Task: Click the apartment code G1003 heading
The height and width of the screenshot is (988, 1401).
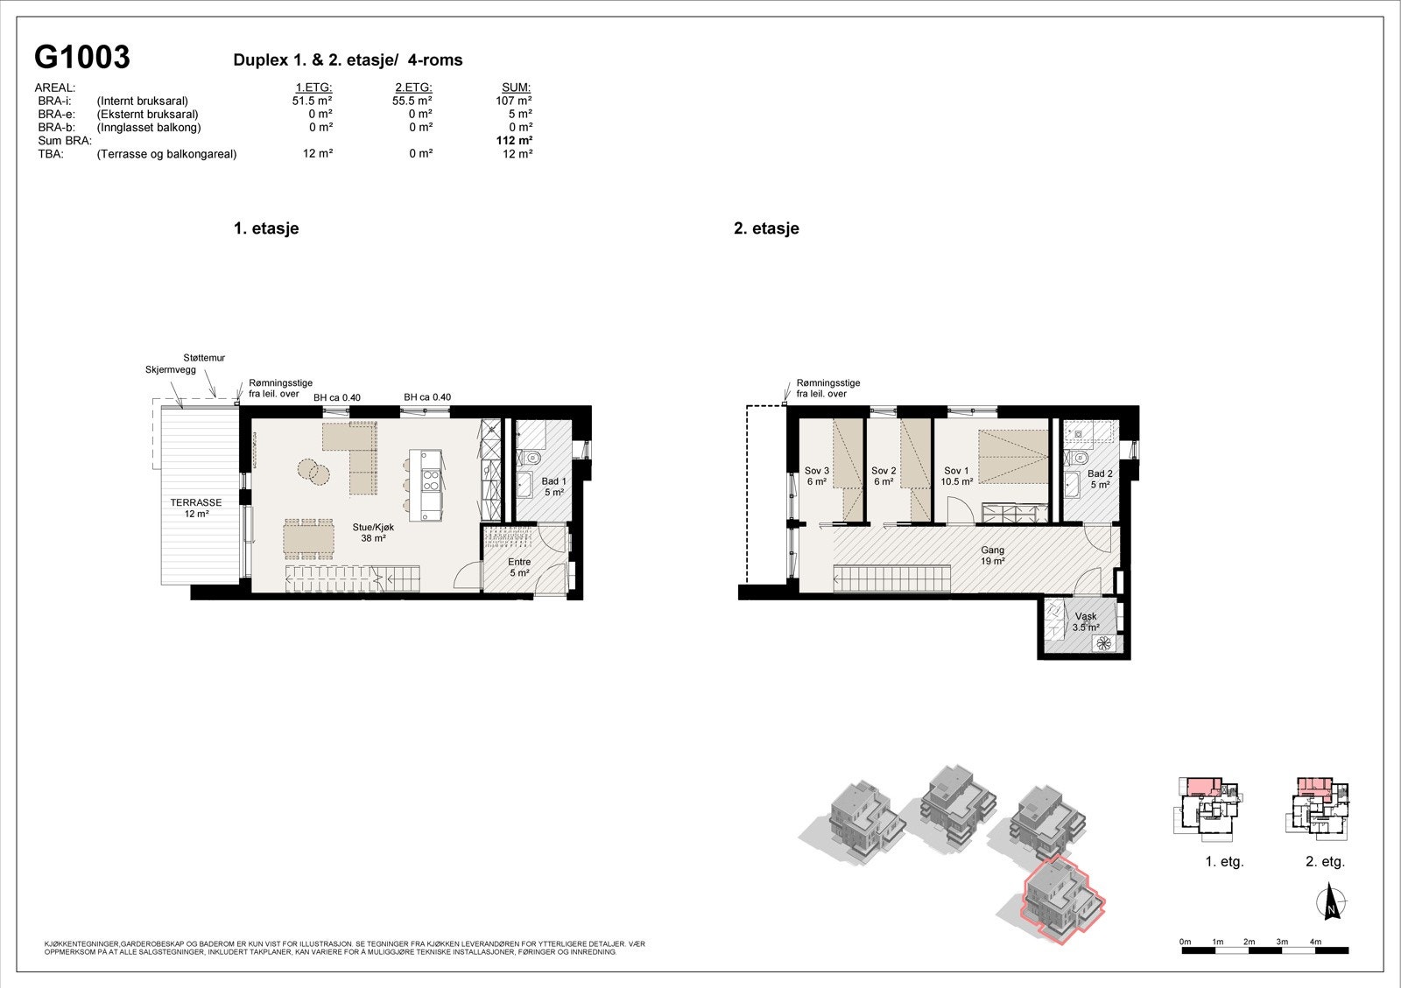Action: (81, 57)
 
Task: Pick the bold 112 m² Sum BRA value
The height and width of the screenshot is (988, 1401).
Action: (514, 140)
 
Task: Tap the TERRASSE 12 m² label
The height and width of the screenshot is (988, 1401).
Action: (196, 508)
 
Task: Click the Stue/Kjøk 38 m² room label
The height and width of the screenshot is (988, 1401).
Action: (373, 533)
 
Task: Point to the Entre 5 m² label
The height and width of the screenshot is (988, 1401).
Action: (519, 568)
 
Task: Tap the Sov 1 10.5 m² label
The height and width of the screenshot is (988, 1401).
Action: (957, 476)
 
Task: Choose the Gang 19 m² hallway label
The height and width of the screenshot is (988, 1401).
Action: (992, 556)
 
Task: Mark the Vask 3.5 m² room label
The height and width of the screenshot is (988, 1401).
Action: (1086, 621)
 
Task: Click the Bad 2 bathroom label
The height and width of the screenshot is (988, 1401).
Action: (1100, 479)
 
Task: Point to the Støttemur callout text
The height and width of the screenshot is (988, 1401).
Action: (204, 358)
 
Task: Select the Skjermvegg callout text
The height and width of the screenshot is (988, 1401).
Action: (170, 370)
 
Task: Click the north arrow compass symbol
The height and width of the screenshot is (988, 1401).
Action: (1331, 902)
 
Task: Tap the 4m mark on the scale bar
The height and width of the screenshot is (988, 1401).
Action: (1315, 942)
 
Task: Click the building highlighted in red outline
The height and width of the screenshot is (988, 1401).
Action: (1062, 901)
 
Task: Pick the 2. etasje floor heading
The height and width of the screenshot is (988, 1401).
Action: (766, 228)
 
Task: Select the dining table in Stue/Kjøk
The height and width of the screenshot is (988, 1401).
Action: (308, 539)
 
